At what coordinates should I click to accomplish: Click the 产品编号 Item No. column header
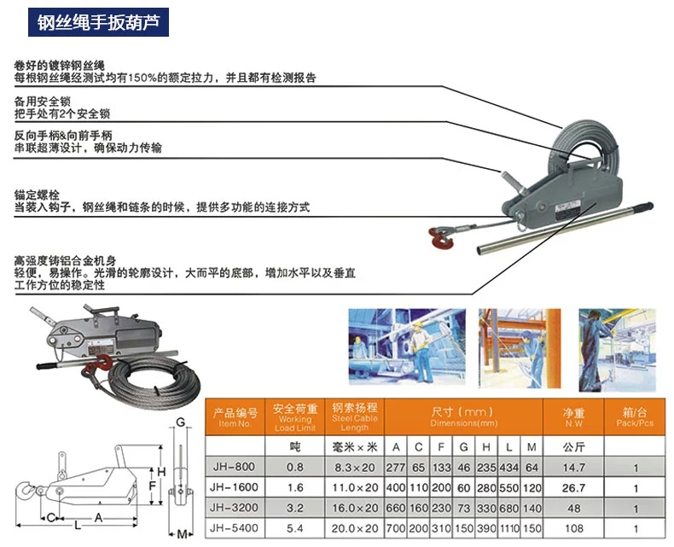point(234,415)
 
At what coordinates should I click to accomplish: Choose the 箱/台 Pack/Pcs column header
point(636,415)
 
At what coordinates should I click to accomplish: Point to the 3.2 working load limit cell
point(294,508)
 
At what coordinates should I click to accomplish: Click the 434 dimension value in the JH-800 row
point(508,466)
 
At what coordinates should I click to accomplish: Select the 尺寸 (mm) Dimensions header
point(463,415)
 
